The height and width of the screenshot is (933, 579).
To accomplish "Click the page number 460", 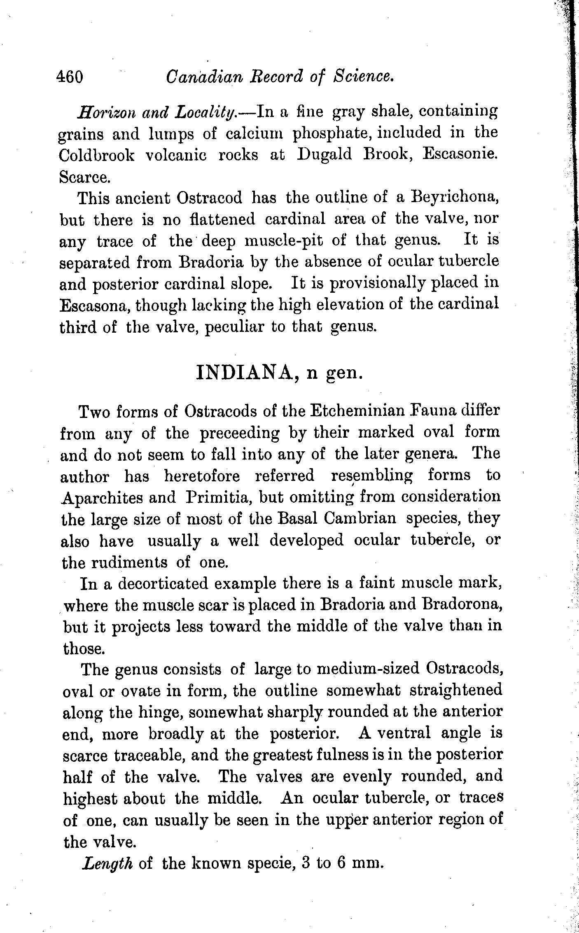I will [71, 77].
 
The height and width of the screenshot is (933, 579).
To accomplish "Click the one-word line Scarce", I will [84, 177].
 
